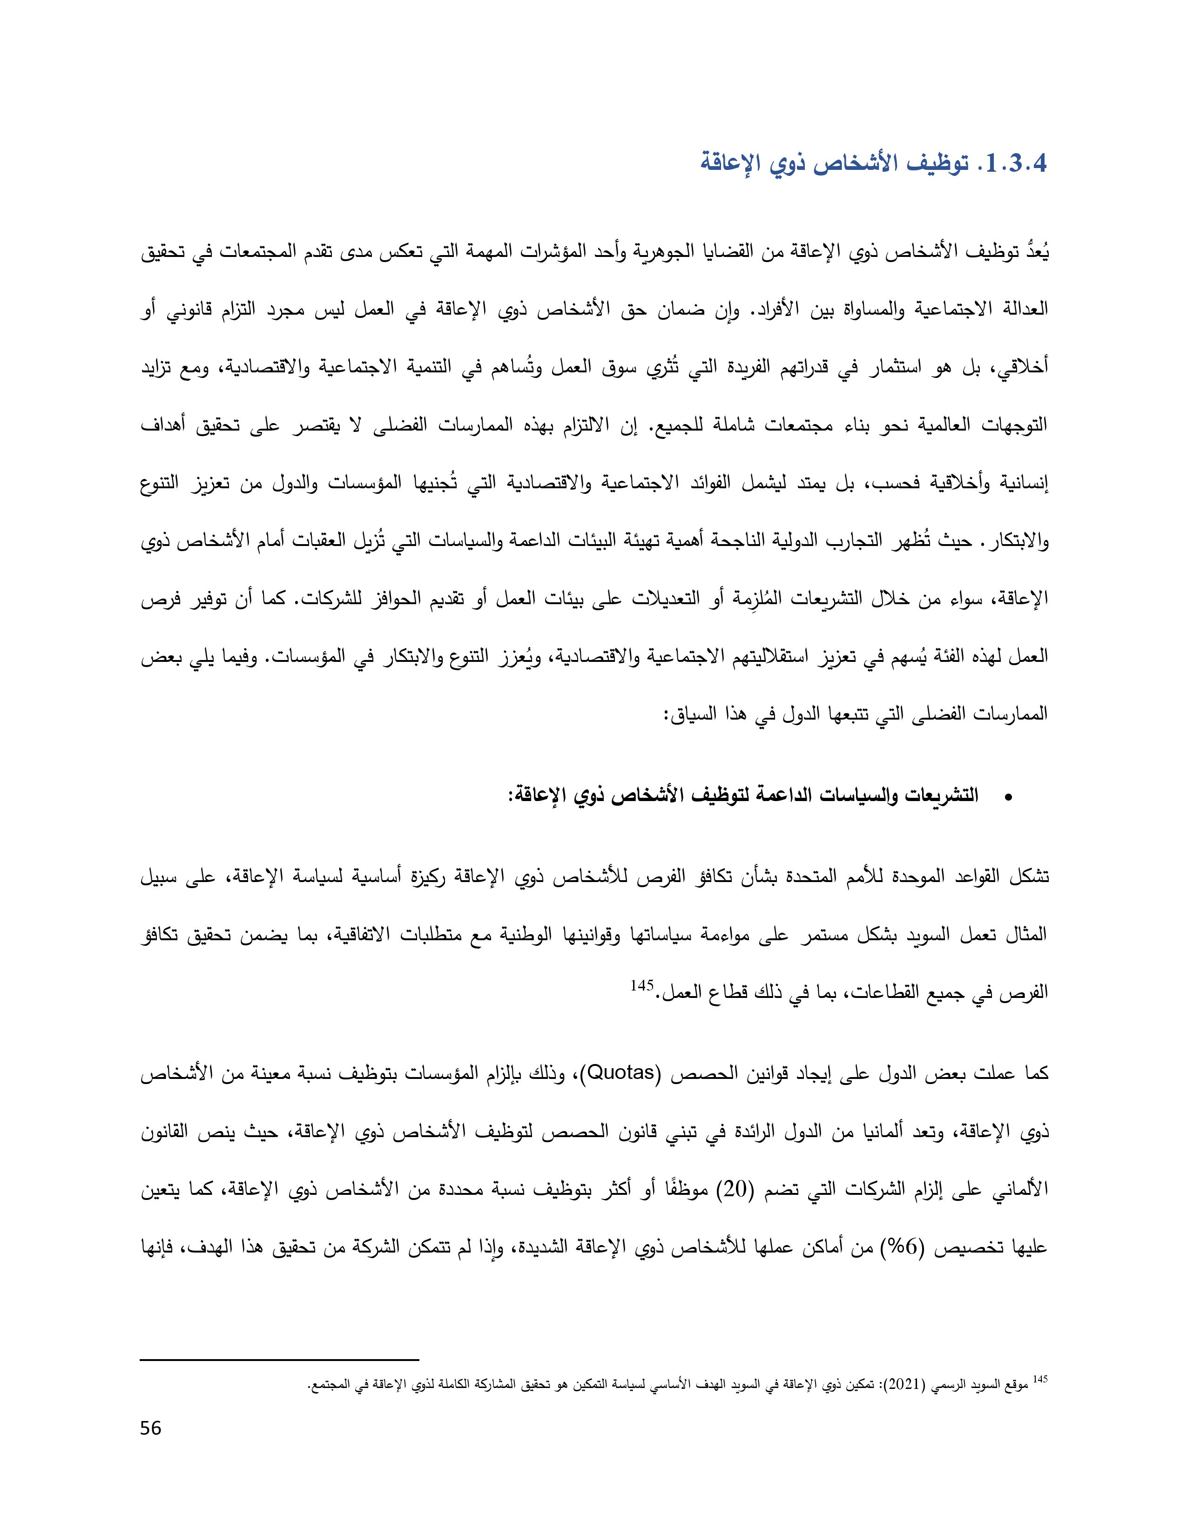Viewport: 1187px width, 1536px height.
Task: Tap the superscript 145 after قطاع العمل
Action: (x=641, y=986)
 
